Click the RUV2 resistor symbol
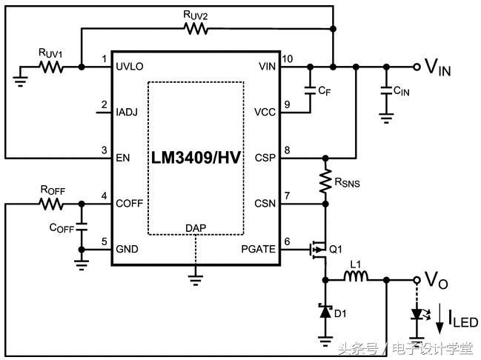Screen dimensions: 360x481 196,29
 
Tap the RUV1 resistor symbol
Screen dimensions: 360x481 51,67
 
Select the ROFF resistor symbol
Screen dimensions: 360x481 51,203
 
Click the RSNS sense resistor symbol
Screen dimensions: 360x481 325,180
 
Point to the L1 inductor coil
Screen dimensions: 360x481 355,279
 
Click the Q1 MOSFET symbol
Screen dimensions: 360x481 319,249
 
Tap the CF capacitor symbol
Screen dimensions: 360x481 310,90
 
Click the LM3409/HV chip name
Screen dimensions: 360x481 196,158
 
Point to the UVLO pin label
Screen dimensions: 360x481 130,67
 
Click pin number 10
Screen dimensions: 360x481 288,59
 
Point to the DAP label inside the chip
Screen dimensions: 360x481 196,227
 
